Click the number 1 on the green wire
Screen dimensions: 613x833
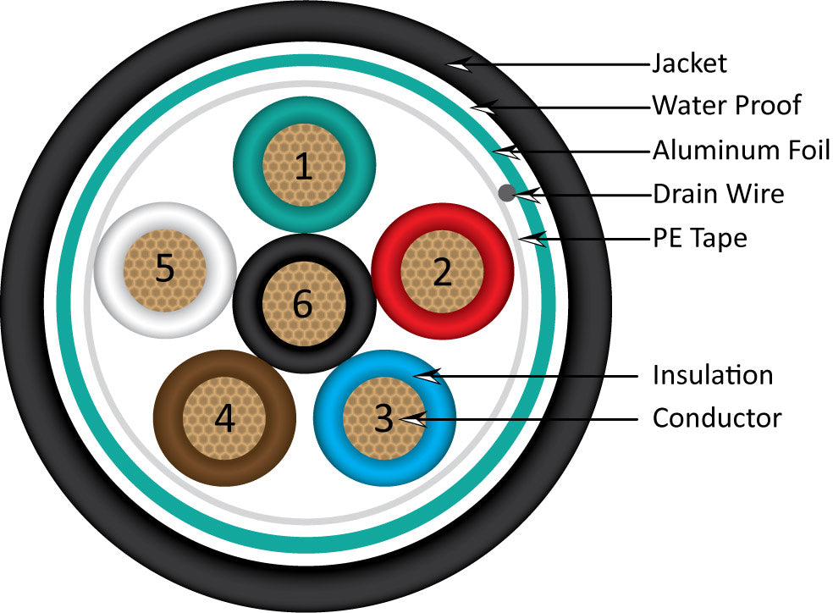pos(303,167)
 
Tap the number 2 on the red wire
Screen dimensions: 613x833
pos(442,272)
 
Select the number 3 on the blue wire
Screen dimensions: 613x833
pos(383,417)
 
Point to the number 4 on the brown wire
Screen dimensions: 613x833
pos(224,417)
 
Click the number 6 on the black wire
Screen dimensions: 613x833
pos(302,305)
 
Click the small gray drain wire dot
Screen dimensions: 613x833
pos(507,192)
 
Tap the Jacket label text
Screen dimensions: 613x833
pos(689,64)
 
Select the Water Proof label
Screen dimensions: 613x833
pos(725,106)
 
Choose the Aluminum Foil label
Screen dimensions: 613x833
pos(741,151)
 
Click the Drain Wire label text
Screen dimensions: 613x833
pos(718,194)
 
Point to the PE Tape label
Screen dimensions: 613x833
pos(699,238)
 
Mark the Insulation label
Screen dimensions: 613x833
pos(712,374)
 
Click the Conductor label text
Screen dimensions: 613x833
pos(716,417)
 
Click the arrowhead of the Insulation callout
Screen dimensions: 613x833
pos(428,375)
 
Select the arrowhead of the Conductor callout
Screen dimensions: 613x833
pos(412,417)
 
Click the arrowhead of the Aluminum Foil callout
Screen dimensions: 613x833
pos(507,152)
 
